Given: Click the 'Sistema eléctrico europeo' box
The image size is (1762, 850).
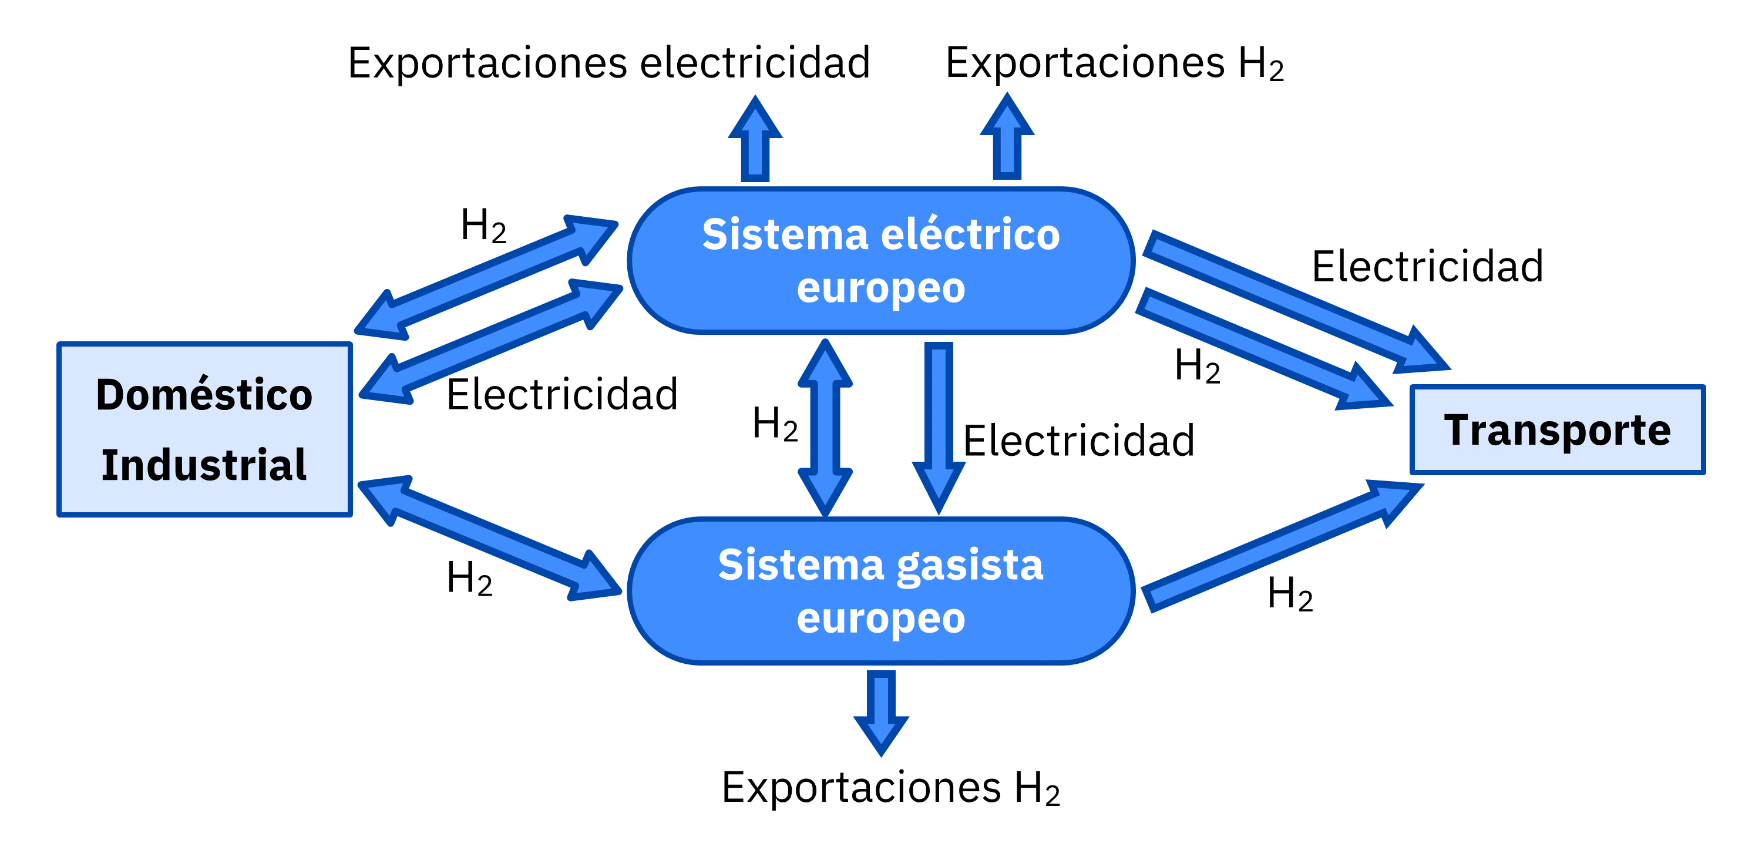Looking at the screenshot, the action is pos(881,260).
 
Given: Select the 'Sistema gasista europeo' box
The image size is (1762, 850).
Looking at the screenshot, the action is pos(881,590).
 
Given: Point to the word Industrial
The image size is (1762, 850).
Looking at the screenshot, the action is pos(204,465).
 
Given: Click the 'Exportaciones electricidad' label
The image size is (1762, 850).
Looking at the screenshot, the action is pos(608,63).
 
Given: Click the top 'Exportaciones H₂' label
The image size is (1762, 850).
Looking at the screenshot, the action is pos(1115,63).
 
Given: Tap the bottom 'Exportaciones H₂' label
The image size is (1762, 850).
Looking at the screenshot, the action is pos(890,788).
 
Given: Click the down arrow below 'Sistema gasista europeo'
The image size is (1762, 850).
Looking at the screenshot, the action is pos(881,713).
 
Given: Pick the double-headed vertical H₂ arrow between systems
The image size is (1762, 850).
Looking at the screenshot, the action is pos(825,428).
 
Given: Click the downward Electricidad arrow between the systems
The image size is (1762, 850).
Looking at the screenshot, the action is pos(939,428).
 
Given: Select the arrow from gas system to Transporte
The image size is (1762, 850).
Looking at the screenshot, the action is pos(1283,546).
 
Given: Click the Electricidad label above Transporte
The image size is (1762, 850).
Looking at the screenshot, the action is pos(1428,266).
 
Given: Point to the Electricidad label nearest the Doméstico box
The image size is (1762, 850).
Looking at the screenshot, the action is pos(561,395).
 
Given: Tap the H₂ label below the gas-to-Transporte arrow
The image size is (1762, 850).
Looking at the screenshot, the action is pos(1290,593).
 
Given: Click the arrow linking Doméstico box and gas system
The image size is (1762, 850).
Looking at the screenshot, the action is pos(489,538).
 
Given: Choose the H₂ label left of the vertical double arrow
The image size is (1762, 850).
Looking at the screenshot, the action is pos(775,424).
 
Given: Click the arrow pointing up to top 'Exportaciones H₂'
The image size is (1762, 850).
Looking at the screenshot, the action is pos(1007,137).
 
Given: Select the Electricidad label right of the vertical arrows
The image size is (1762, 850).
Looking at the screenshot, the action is pos(1079,441).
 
